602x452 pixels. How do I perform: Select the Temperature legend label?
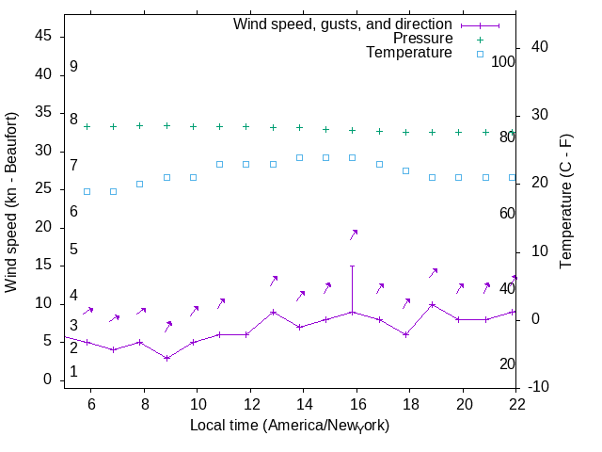click(x=409, y=53)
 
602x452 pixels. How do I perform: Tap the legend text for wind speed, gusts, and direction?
click(x=342, y=24)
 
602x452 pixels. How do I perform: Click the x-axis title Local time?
click(x=290, y=426)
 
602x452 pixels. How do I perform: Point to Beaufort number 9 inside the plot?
click(x=73, y=67)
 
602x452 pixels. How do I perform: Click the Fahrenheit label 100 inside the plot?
click(x=504, y=61)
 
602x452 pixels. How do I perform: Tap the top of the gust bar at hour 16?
click(x=353, y=266)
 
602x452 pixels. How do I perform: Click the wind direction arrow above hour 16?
click(x=354, y=234)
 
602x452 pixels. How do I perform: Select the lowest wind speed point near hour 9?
click(x=166, y=358)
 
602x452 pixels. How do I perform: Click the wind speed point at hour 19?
click(x=432, y=304)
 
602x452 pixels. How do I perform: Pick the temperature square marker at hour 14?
click(x=299, y=157)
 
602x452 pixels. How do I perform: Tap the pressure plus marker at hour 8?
click(x=139, y=125)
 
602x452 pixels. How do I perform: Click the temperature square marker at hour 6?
click(x=87, y=191)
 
